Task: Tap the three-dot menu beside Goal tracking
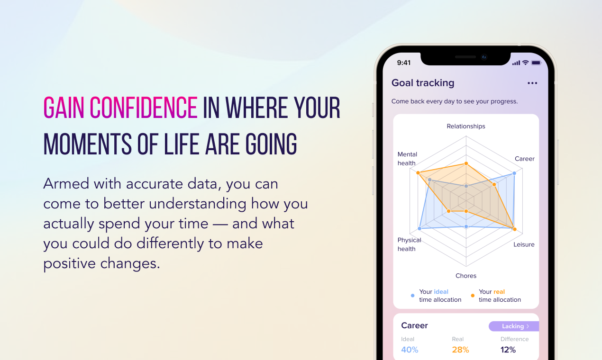pos(532,83)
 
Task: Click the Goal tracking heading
pos(423,83)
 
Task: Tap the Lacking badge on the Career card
pos(514,326)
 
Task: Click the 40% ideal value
pos(410,350)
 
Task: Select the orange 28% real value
pos(460,350)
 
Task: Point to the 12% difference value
pos(508,350)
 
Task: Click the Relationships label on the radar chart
pos(466,126)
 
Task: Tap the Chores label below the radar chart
pos(466,276)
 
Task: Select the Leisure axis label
pos(524,244)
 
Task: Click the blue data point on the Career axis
pos(514,173)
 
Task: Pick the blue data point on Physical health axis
pos(420,229)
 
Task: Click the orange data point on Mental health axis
pos(418,173)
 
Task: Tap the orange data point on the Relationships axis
pos(466,163)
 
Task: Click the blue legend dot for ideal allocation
pos(412,296)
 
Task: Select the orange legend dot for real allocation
pos(473,296)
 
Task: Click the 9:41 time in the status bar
pos(404,63)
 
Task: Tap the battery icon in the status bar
pos(536,63)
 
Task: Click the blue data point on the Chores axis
pos(466,227)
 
